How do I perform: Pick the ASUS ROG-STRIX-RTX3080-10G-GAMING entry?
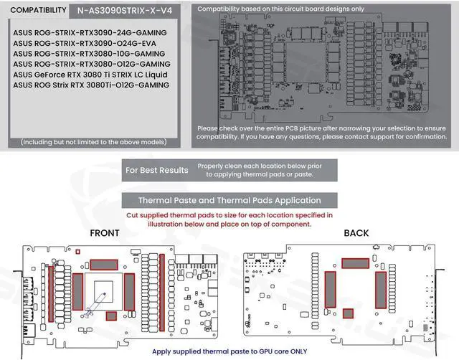point(90,54)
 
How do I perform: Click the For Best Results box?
point(156,170)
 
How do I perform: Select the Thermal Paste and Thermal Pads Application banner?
point(229,200)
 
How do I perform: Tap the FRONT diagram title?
point(105,234)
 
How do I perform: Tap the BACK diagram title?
point(356,234)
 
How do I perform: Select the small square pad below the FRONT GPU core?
point(111,316)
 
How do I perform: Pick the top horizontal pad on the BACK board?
point(356,263)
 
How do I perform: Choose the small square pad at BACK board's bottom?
point(348,313)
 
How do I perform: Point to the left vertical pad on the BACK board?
point(331,288)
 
